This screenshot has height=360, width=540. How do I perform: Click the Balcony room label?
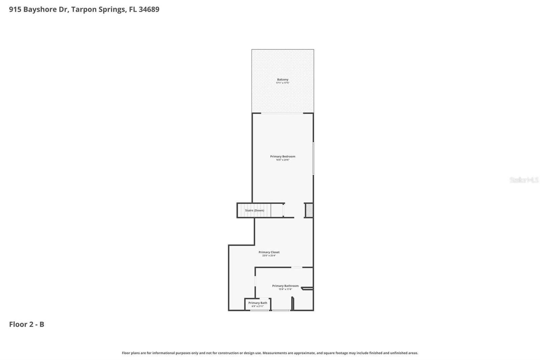point(282,80)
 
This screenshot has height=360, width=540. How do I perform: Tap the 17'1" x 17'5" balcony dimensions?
point(282,83)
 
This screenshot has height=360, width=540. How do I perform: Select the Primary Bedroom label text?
point(282,156)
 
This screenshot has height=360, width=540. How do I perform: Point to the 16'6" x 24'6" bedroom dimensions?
point(282,160)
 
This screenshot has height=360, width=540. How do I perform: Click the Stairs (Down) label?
point(254,210)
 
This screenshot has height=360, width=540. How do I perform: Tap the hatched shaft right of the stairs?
point(309,210)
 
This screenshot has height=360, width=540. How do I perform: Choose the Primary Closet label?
point(269,252)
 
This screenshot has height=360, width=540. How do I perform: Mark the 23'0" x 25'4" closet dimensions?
point(269,256)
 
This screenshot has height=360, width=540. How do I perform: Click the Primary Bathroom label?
point(285,286)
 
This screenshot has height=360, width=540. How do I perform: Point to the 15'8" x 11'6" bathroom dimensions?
point(285,289)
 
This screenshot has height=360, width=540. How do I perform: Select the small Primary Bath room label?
point(258,303)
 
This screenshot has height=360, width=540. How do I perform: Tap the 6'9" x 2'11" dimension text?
point(258,306)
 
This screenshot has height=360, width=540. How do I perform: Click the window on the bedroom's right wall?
point(313,159)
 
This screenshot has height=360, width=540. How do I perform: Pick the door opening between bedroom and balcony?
point(282,113)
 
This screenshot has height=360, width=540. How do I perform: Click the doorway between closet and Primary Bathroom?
point(297,267)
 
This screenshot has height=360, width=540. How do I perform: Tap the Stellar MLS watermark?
point(524,180)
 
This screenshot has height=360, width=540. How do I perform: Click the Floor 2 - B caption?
point(27,324)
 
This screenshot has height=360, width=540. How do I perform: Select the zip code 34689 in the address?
point(149,9)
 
